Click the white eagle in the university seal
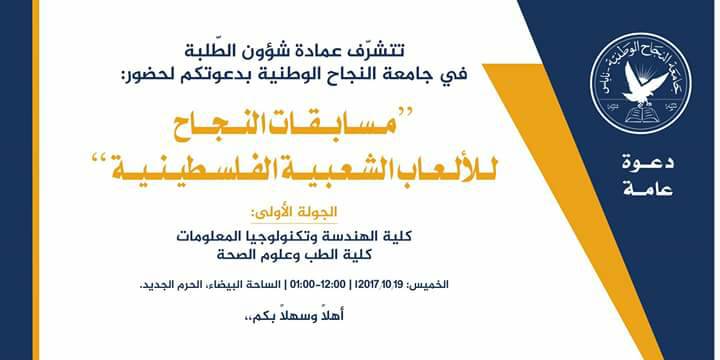[x=643, y=84]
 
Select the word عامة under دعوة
[x=649, y=189]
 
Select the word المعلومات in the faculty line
[x=208, y=237]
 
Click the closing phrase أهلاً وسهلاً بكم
[x=295, y=316]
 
